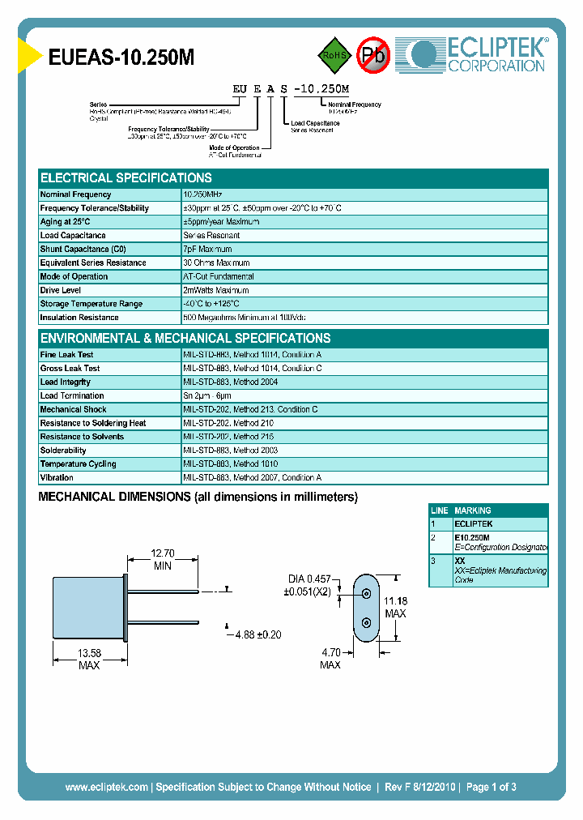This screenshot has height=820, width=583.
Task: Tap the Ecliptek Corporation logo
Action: click(x=477, y=54)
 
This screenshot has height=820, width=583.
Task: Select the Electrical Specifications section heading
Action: click(x=126, y=178)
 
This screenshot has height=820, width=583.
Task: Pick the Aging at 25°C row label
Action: click(x=66, y=222)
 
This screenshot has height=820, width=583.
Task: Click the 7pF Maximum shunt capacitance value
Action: click(x=207, y=250)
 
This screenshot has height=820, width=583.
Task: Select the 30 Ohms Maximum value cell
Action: click(x=216, y=263)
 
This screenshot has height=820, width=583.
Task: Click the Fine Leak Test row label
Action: click(x=66, y=355)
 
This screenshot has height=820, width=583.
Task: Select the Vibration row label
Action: click(x=57, y=478)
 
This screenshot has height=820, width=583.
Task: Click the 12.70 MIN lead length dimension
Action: click(x=163, y=559)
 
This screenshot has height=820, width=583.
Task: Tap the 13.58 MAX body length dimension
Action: click(x=88, y=659)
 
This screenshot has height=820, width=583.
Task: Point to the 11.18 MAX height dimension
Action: click(x=395, y=607)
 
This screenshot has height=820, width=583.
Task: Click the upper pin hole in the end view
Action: click(x=366, y=594)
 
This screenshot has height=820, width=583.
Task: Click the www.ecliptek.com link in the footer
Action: click(x=106, y=787)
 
